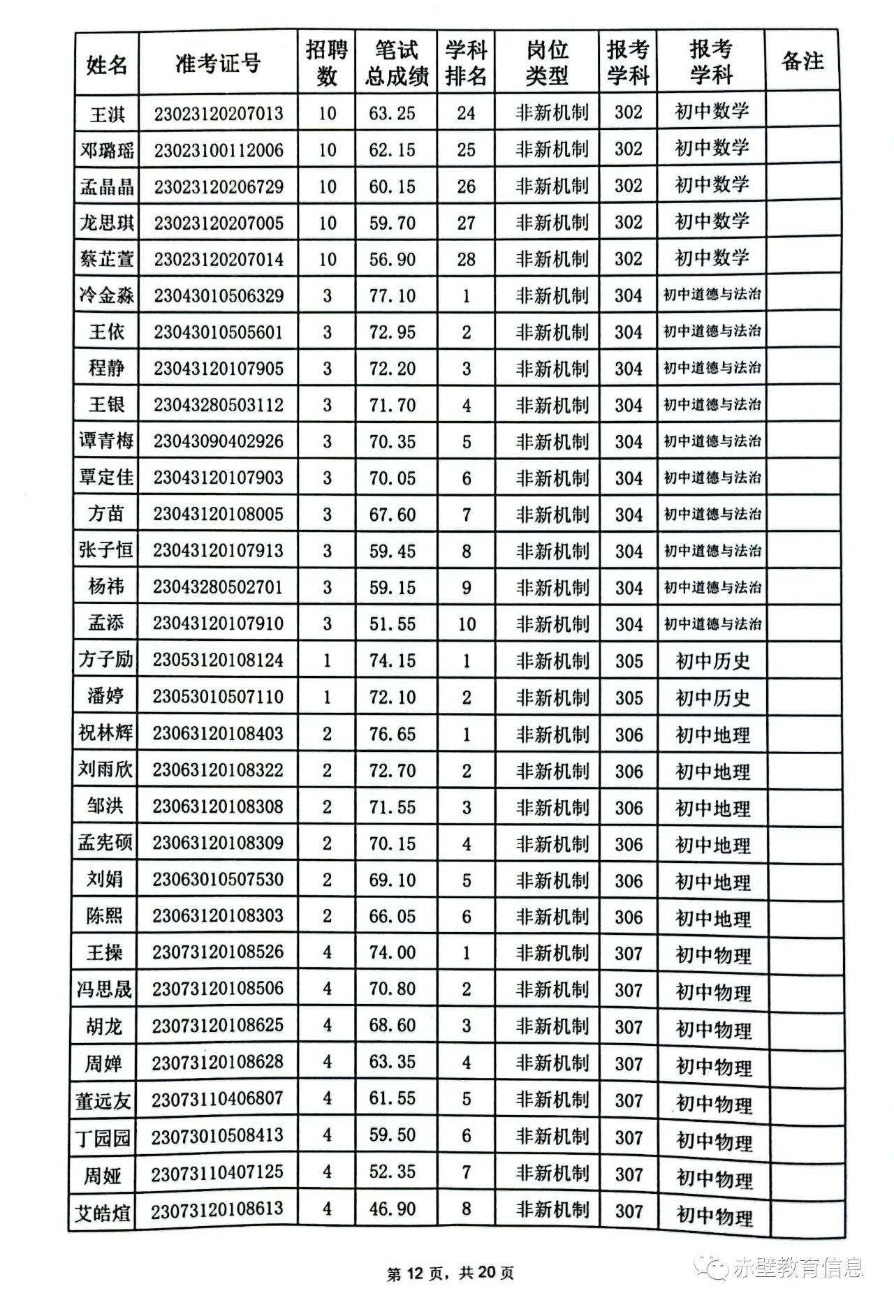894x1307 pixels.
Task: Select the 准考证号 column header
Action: pos(218,64)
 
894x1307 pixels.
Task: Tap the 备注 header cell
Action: pos(802,61)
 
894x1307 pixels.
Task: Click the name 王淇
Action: pos(107,114)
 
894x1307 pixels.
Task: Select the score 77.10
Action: pos(393,295)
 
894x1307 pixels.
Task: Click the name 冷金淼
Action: pos(107,295)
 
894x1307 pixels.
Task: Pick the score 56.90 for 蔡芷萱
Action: pos(393,259)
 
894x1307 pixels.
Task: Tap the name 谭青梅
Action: pos(106,441)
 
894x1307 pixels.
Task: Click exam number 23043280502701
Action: pos(218,586)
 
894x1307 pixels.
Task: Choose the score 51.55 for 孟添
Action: pos(393,623)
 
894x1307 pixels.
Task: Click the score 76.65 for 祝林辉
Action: pos(393,734)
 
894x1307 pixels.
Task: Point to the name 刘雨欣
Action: pos(105,769)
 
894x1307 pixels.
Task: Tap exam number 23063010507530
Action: pos(218,879)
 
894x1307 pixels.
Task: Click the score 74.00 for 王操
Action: pos(393,952)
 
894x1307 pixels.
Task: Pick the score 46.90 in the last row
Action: pos(393,1209)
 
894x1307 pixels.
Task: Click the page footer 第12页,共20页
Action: pos(450,1273)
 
